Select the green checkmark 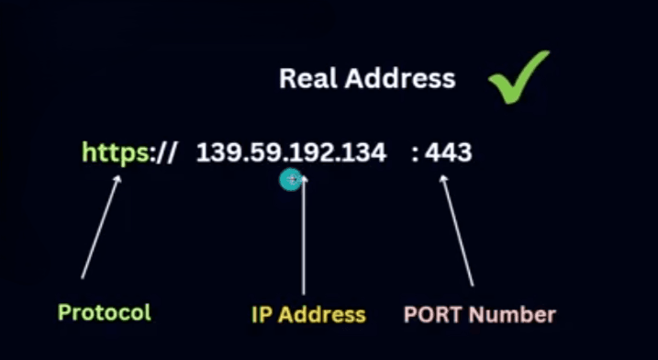click(x=519, y=77)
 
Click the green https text click(x=116, y=152)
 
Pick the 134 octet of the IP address click(x=362, y=152)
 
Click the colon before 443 click(x=416, y=153)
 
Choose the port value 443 click(x=449, y=152)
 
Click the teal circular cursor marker click(x=291, y=180)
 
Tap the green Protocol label click(x=104, y=312)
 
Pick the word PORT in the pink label click(x=434, y=314)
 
